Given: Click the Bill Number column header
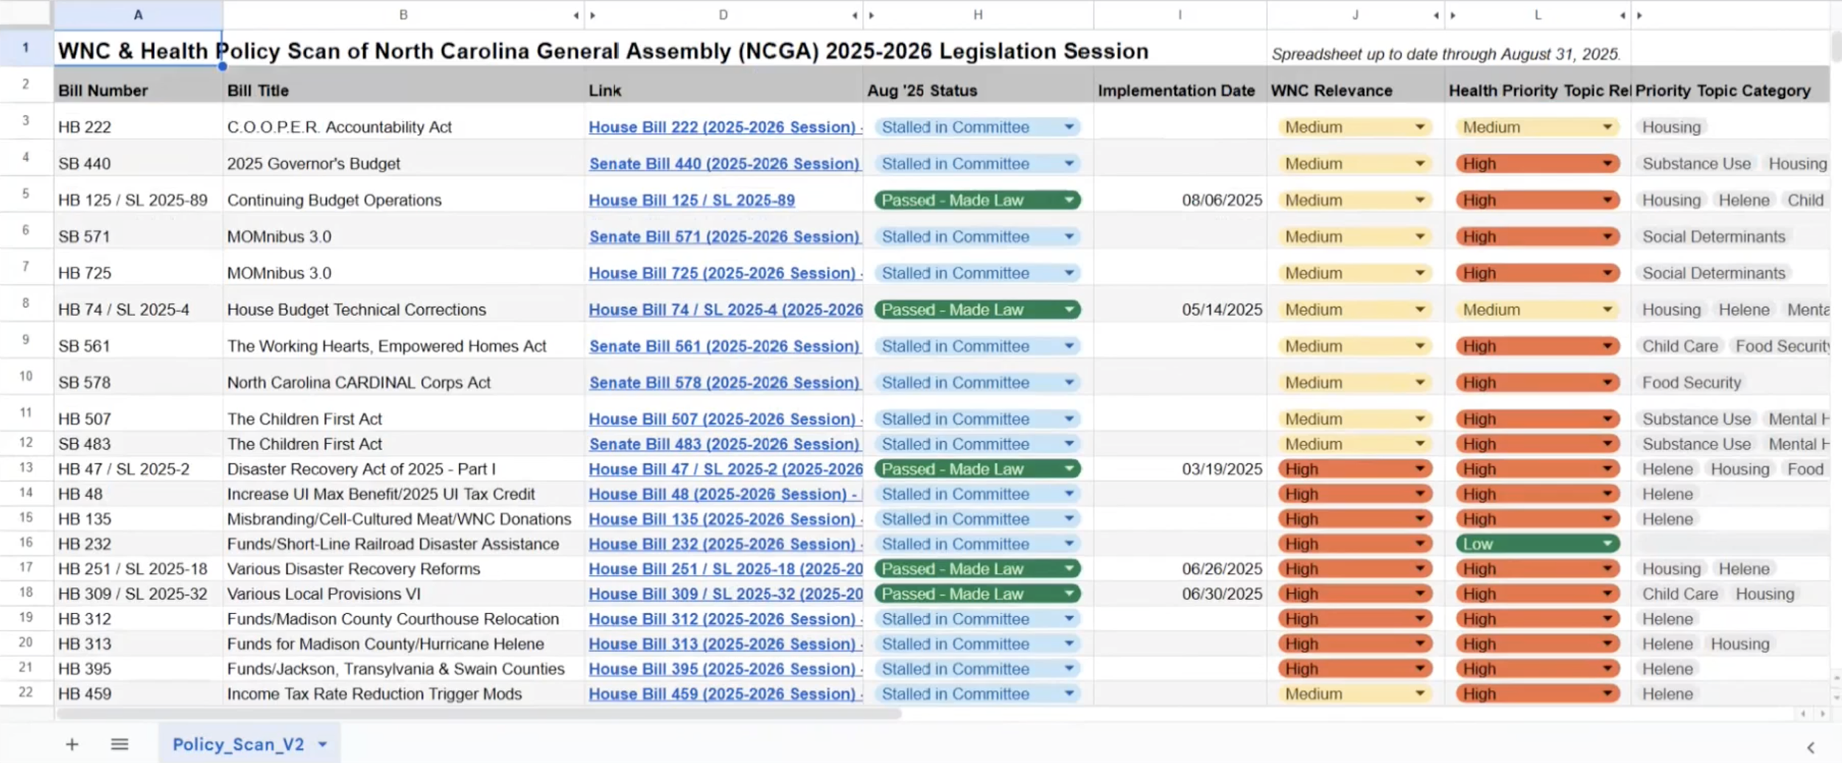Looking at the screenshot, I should [103, 91].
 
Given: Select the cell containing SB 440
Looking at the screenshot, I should [85, 163].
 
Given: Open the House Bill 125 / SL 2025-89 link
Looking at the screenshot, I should [691, 200].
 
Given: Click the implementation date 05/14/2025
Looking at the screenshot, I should [1221, 310].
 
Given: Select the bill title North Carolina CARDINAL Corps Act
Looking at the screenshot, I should [358, 383].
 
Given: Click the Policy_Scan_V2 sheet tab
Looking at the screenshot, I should [238, 745].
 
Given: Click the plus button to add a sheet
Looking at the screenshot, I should [72, 745].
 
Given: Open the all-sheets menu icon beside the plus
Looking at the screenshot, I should [119, 745].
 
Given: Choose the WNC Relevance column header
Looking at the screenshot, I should [1331, 91].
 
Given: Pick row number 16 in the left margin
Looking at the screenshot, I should [26, 543].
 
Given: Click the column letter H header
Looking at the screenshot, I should [977, 15].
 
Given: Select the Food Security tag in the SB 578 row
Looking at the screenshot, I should [1691, 383].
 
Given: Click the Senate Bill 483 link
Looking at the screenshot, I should [724, 444].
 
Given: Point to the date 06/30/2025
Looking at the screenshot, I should [1221, 594].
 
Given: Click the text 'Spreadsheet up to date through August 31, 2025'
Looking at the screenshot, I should [1444, 54].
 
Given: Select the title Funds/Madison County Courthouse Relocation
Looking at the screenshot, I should [393, 619].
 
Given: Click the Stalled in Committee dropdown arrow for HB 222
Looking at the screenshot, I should [1068, 127].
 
